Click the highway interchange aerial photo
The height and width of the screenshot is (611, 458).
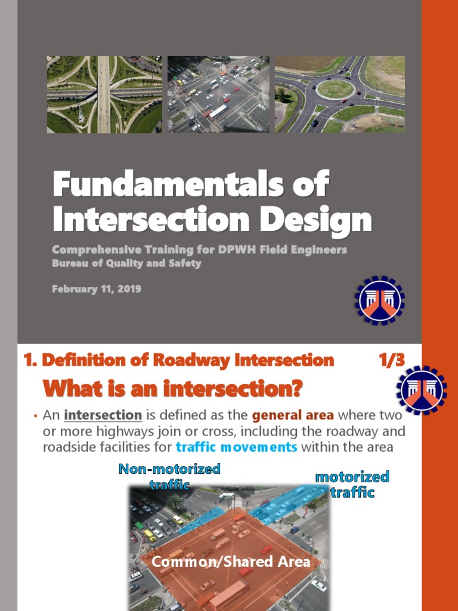(104, 94)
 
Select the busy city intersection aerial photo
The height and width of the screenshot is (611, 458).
(218, 94)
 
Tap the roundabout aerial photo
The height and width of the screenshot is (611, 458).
(339, 94)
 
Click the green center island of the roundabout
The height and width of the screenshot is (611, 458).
(335, 90)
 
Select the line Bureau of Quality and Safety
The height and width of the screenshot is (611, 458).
(126, 263)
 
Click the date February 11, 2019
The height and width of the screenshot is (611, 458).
(97, 289)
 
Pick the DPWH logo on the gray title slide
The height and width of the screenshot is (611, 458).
(380, 300)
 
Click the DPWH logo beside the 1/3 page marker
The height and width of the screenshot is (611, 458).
(422, 391)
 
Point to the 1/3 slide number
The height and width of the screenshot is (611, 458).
(391, 360)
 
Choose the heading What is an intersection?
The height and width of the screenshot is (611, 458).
(173, 390)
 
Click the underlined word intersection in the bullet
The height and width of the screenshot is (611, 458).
(103, 415)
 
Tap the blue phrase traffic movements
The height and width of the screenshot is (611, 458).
(236, 447)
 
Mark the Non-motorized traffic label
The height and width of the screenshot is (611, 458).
(169, 476)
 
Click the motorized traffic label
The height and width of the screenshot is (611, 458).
(352, 484)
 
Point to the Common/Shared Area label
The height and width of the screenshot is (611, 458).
(231, 561)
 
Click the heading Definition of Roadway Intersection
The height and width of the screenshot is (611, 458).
(178, 360)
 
